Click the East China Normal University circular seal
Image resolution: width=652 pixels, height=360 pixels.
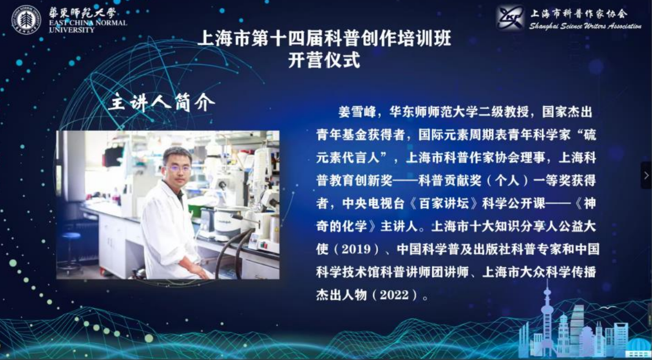[26, 19]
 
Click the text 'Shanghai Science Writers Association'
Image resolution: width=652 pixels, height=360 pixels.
[585, 26]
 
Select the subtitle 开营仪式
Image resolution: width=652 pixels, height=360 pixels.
[324, 60]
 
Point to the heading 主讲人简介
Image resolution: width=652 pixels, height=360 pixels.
[162, 103]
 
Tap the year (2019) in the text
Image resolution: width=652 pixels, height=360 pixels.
[356, 249]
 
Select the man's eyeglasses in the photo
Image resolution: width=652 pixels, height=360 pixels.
[177, 168]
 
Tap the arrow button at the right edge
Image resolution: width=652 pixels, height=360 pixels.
[646, 175]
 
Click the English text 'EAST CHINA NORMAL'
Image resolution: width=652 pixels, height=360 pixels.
[88, 23]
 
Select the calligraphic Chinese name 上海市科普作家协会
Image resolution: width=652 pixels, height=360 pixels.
[579, 14]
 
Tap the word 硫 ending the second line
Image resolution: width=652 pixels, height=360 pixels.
[590, 135]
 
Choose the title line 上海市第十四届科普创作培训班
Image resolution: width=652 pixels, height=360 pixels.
[324, 38]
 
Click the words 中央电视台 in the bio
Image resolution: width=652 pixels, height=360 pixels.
[373, 204]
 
